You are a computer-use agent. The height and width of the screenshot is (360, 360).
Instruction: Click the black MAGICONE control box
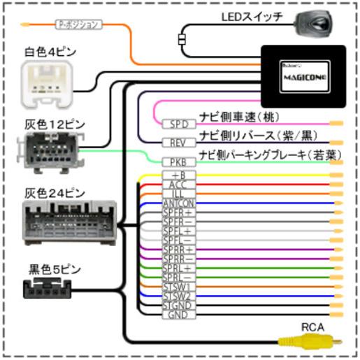click(x=303, y=75)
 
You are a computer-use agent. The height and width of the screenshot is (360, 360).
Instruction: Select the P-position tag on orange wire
click(x=79, y=24)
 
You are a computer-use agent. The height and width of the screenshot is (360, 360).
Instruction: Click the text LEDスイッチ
click(x=252, y=16)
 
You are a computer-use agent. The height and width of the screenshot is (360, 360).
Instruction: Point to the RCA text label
click(x=312, y=326)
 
